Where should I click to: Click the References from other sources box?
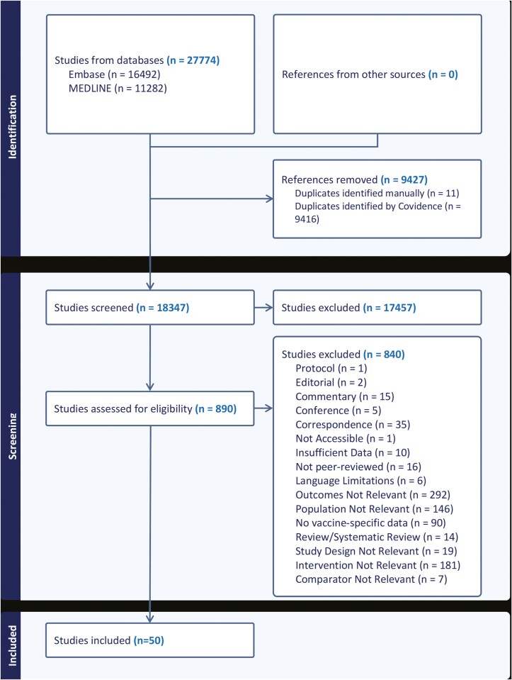377,74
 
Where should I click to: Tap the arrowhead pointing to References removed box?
269,199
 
